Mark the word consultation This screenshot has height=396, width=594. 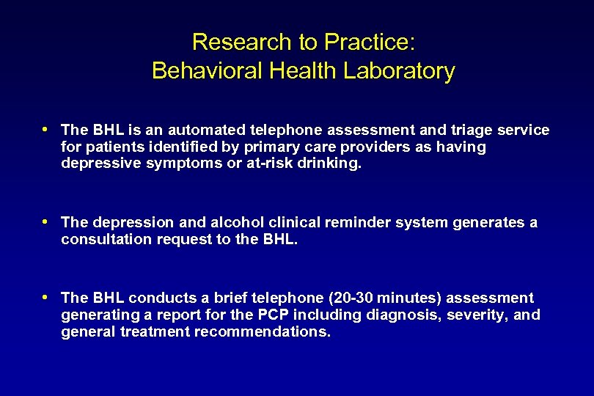coord(106,239)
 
